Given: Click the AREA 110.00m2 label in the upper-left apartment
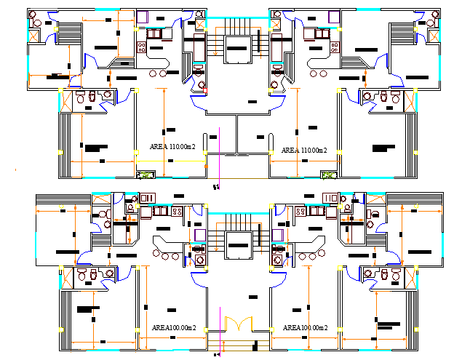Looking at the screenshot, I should point(172,147).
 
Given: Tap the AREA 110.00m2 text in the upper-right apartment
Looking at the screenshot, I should point(304,150).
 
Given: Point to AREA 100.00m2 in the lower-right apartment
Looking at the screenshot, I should point(305,328).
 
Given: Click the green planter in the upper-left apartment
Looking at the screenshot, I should point(146,175).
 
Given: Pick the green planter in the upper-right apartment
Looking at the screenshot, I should point(330,175).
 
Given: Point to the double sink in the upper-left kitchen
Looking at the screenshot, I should point(156,33).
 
